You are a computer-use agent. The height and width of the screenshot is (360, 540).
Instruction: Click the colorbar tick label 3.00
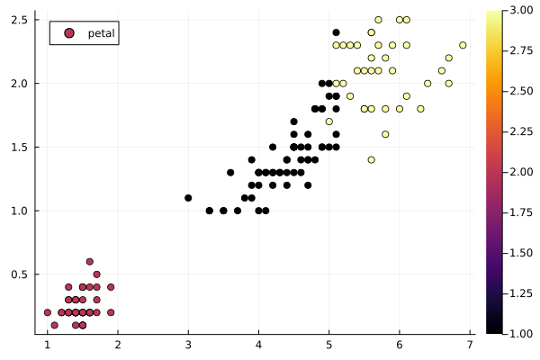tap(518, 11)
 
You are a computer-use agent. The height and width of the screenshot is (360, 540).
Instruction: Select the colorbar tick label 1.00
tap(518, 333)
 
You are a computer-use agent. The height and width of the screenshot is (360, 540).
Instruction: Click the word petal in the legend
tap(101, 33)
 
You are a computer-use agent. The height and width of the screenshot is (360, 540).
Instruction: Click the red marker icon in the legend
tap(68, 33)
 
